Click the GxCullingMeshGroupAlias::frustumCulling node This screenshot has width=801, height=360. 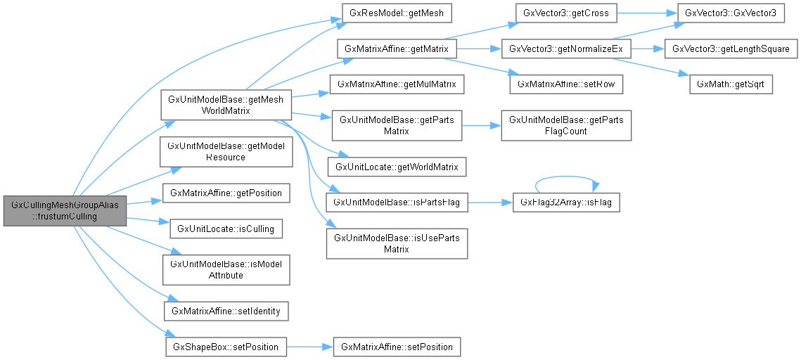(x=65, y=210)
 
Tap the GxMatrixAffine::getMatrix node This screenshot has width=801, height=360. (x=397, y=49)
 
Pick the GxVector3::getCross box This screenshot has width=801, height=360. (x=565, y=12)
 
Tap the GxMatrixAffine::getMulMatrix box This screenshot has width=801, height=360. (x=397, y=83)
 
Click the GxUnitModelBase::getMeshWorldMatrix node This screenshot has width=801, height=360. (x=226, y=105)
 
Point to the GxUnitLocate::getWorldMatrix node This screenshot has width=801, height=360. (x=397, y=167)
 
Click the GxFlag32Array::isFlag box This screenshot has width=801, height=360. (x=566, y=202)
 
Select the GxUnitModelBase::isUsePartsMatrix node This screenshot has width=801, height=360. (x=397, y=243)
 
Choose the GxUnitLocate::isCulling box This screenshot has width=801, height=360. (x=219, y=228)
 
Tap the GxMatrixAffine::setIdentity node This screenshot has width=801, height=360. (x=226, y=309)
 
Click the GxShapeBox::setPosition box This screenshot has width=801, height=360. (x=226, y=346)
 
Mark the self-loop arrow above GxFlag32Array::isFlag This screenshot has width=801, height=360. (x=566, y=176)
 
